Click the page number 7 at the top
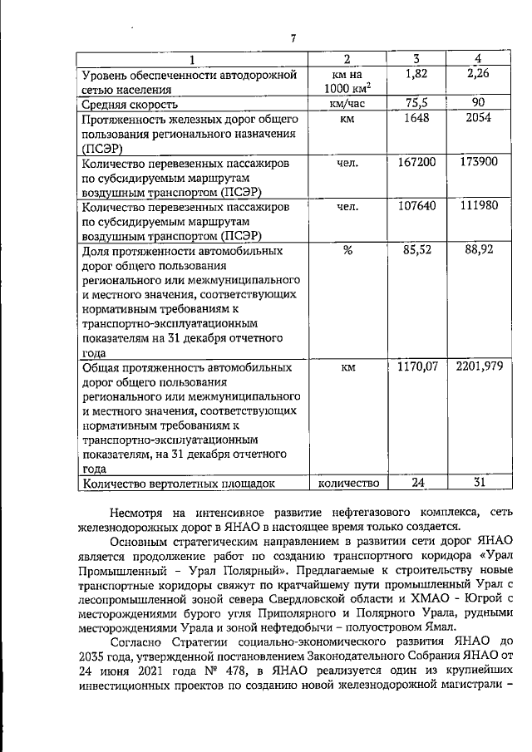(293, 37)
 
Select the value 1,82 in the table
(416, 75)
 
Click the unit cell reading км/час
(347, 104)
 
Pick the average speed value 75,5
(416, 103)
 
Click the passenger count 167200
(416, 162)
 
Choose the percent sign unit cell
(347, 250)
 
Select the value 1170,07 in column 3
(416, 366)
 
